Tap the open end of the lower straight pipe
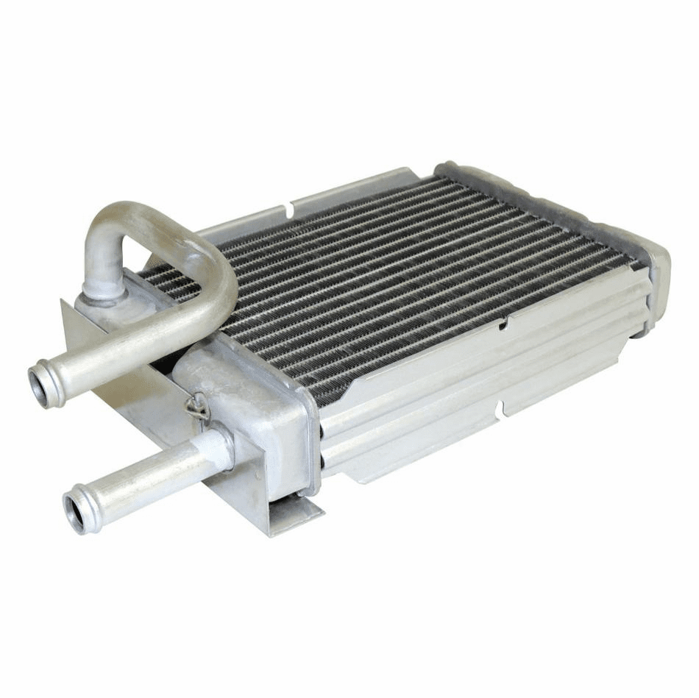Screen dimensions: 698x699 pyautogui.click(x=76, y=512)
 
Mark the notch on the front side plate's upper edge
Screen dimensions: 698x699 pyautogui.click(x=502, y=324)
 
